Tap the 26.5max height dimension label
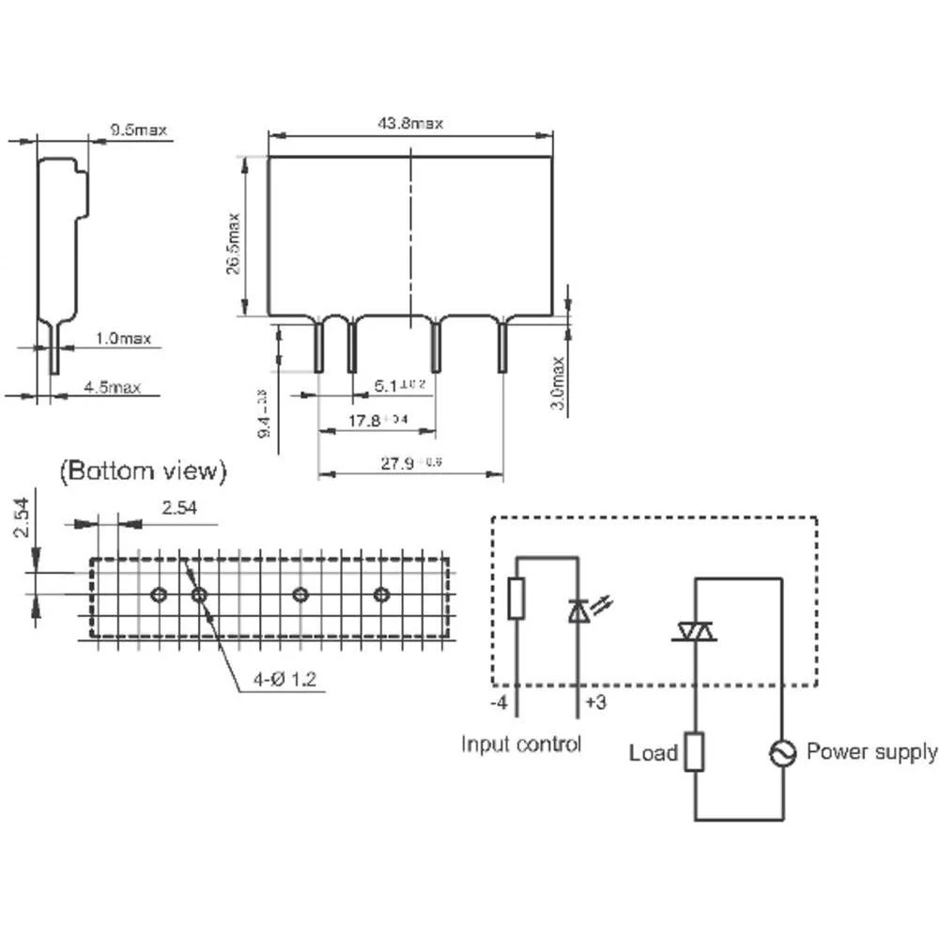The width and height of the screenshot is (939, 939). coord(234,243)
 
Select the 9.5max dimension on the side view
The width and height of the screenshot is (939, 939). coord(138,131)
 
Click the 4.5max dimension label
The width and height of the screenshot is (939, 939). coord(112,387)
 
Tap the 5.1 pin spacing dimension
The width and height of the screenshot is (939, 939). coord(393,385)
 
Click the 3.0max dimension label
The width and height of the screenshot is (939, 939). coord(558,382)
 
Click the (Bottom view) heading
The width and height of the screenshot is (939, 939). coord(142,471)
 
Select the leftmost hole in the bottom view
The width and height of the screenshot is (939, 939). coord(159,594)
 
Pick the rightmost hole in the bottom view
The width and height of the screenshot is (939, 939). coord(380,594)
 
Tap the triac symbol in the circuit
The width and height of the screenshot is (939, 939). coord(694,633)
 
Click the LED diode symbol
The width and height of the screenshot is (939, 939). coord(578,611)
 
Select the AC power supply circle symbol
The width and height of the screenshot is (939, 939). coord(782,752)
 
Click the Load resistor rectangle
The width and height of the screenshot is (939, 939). coord(694,752)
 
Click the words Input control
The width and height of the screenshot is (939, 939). coord(521,745)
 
